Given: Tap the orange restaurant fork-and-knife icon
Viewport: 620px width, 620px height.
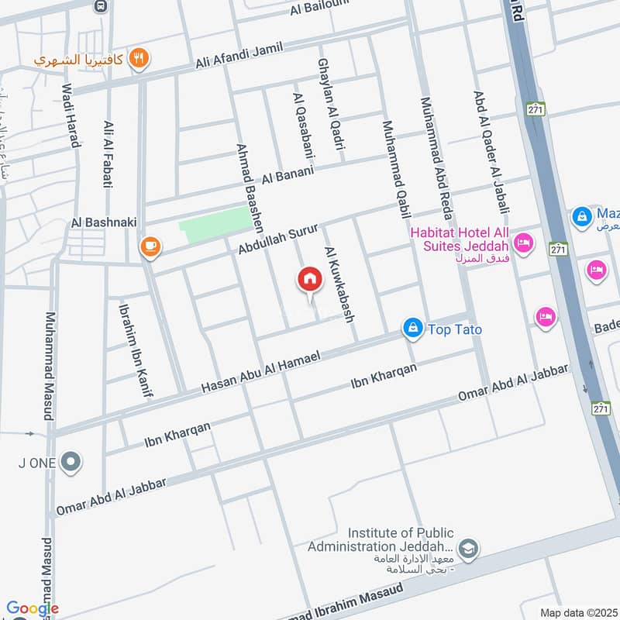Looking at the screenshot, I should click(139, 57).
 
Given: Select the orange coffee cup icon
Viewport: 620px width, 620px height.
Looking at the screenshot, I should click(150, 246).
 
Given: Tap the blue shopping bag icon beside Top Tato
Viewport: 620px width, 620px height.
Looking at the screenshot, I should click(413, 329).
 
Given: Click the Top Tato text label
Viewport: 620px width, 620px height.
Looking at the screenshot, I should click(453, 330).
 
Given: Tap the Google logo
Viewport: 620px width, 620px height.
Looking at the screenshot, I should click(32, 609).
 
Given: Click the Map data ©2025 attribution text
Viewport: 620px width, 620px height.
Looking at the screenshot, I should click(578, 613).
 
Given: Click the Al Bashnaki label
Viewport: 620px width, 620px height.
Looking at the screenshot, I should click(103, 222).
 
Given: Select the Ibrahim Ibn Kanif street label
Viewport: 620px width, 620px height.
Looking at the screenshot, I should click(133, 350).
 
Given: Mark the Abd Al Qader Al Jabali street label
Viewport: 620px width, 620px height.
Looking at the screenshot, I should click(491, 151).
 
